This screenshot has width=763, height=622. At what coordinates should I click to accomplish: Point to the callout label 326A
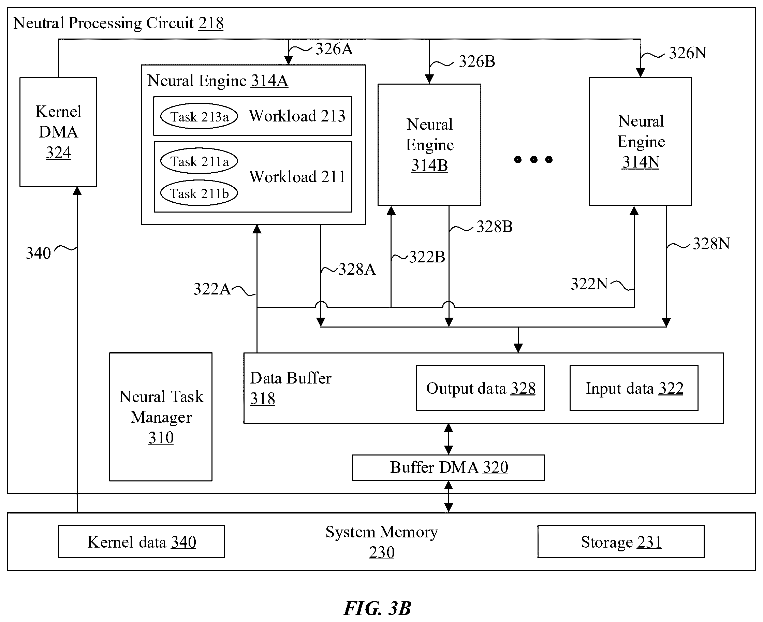(334, 49)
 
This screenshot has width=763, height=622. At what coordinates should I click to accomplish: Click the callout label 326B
(477, 62)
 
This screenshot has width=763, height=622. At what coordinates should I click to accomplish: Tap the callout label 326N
(688, 53)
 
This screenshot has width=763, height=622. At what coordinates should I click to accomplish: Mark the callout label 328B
(494, 227)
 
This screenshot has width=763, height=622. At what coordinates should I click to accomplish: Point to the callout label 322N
(589, 284)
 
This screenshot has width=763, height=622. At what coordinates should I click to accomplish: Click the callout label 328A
(357, 270)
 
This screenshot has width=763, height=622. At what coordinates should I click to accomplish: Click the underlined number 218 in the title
(211, 23)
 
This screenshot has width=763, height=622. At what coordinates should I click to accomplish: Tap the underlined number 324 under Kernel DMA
(58, 153)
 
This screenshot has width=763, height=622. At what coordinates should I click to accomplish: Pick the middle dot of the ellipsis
(534, 159)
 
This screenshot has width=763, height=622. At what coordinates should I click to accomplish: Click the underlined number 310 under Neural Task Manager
(161, 437)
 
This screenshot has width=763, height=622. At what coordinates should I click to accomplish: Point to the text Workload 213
(297, 116)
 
